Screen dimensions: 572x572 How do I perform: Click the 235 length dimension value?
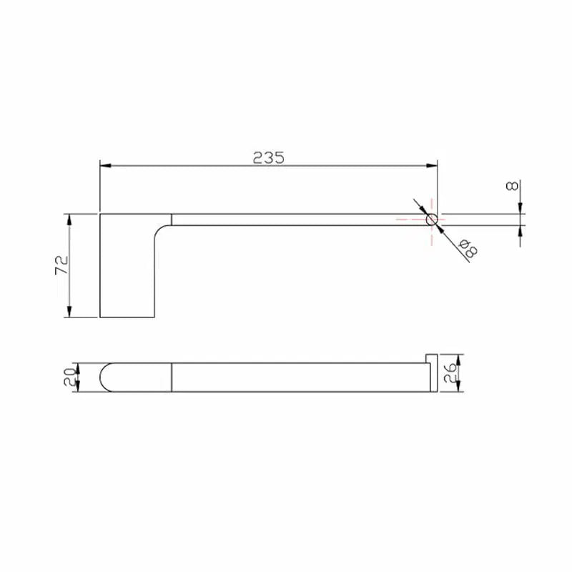pyautogui.click(x=268, y=157)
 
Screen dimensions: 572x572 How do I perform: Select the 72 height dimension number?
pyautogui.click(x=61, y=265)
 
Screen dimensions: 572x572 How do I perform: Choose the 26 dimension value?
pyautogui.click(x=450, y=373)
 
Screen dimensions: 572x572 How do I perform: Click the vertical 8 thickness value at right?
pyautogui.click(x=512, y=186)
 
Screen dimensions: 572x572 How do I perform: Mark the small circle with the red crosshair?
pyautogui.click(x=432, y=220)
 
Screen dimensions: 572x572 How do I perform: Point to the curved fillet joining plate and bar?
pyautogui.click(x=162, y=229)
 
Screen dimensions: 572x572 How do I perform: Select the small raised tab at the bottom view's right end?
pyautogui.click(x=432, y=358)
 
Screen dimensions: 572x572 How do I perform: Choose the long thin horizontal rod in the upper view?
pyautogui.click(x=300, y=220)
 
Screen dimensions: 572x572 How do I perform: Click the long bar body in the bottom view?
pyautogui.click(x=300, y=378)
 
